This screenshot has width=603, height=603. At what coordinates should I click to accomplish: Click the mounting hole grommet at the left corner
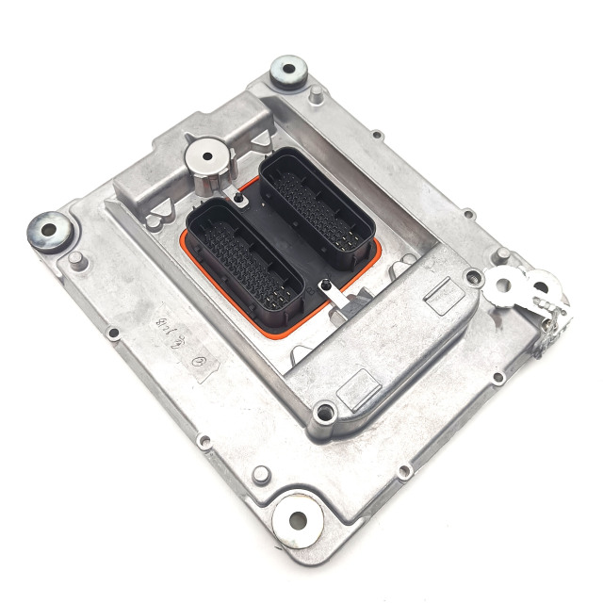coord(48,228)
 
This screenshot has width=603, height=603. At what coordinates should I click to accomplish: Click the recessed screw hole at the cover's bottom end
coord(325,411)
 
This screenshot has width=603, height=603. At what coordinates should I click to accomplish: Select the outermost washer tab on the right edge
coord(541,282)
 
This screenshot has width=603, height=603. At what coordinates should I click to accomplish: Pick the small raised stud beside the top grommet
coord(318,92)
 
